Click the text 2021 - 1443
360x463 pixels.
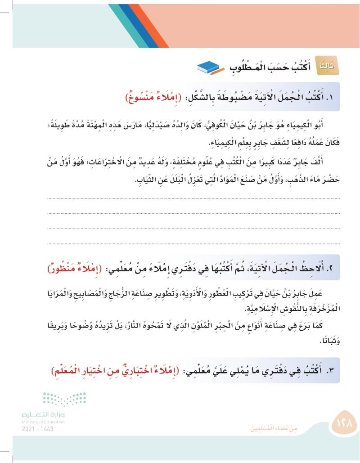(37, 429)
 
